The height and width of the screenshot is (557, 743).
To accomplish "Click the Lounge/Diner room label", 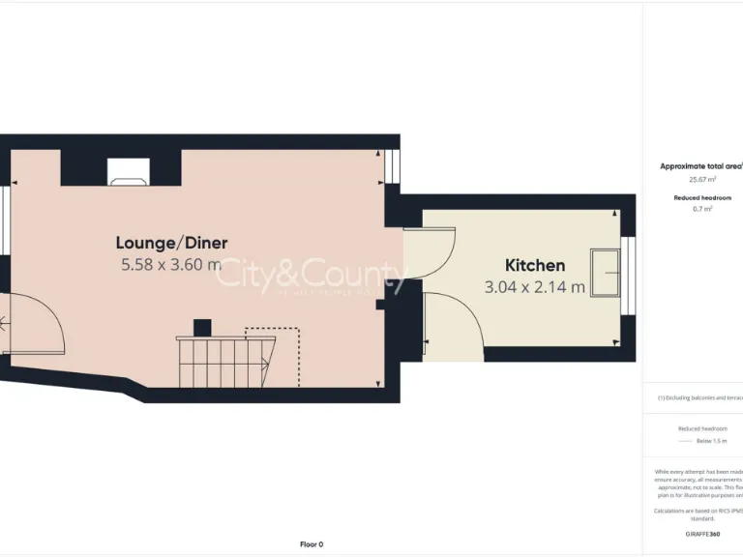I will (x=171, y=243).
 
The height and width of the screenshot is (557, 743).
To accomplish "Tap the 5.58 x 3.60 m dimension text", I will (x=171, y=263).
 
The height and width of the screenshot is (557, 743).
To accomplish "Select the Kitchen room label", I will (x=535, y=265).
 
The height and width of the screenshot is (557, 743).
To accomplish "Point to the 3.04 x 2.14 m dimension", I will (x=535, y=286).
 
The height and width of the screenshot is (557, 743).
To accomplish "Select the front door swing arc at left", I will (x=34, y=329).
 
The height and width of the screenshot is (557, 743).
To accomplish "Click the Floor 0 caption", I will (x=312, y=544).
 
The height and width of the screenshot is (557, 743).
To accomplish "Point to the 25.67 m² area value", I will (x=701, y=179).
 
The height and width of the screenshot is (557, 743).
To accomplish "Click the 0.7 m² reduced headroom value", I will (x=702, y=208).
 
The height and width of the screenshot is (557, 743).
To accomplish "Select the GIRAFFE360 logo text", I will (x=702, y=534).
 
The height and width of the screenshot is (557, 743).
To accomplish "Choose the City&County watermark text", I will (x=310, y=275).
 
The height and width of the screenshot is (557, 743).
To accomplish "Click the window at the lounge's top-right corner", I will (x=392, y=165).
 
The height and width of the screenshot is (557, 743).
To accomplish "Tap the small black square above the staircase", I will (x=202, y=327).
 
